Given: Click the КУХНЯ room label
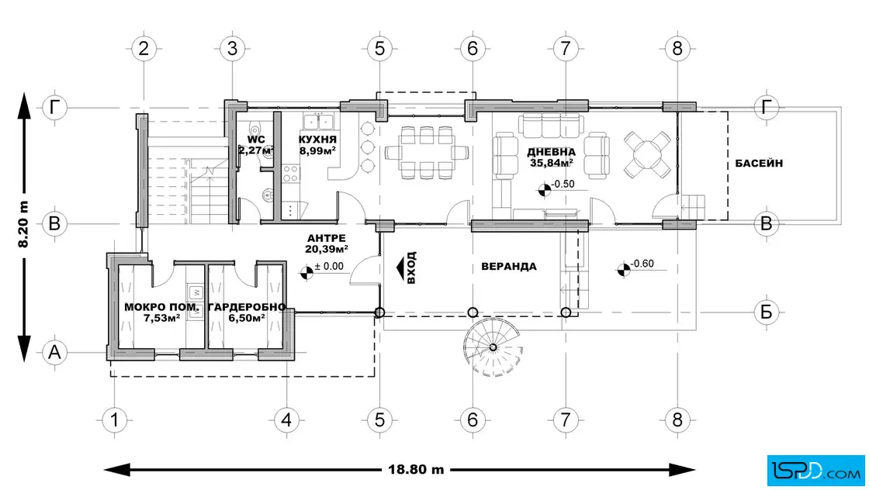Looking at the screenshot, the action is (317, 140).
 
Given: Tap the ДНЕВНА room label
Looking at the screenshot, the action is (551, 152).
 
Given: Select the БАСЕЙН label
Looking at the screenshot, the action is (759, 164).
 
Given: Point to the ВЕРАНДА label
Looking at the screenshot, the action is (509, 266).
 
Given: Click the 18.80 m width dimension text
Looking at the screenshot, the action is (416, 470).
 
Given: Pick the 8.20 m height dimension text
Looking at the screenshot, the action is (23, 224).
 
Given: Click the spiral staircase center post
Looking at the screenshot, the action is (493, 347).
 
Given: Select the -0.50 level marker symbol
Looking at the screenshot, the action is (544, 190).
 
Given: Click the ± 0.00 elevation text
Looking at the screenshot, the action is (329, 266).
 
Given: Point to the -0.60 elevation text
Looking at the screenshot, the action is (642, 264).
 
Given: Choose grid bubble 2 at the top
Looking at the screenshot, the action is (144, 49).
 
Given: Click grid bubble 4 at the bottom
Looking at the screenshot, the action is (286, 420).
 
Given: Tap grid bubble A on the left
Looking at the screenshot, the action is (54, 352).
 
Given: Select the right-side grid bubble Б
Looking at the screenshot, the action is (767, 312).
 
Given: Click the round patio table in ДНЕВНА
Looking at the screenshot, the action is (647, 154).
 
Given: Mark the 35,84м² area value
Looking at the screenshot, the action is (551, 163).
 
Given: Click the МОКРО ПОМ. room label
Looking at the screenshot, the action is (161, 307).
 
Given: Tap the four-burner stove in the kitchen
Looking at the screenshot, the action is (290, 173).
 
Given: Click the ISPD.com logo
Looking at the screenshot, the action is (815, 471).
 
